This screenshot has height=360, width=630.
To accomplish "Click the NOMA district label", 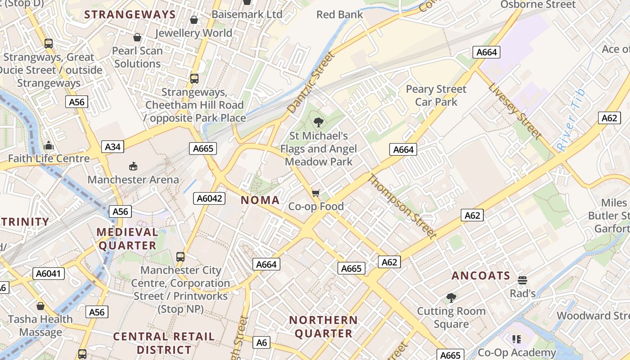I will click(x=260, y=200).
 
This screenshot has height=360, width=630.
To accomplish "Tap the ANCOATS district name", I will click(x=481, y=275).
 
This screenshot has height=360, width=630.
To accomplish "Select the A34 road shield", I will click(x=112, y=147).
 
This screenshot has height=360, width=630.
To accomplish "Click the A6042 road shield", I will click(x=209, y=198).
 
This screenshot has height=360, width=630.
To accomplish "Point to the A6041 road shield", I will click(x=49, y=273).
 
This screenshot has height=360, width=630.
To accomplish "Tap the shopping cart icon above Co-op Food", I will click(x=316, y=193).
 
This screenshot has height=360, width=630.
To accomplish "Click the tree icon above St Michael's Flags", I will click(x=319, y=121).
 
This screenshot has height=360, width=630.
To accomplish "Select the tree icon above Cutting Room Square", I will click(x=451, y=297).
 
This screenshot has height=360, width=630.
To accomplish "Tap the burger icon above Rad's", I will click(x=522, y=280).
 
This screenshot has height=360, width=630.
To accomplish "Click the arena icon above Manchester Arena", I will click(x=133, y=166).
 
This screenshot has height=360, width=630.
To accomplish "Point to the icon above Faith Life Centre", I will click(x=49, y=145).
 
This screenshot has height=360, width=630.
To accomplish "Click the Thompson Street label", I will click(x=402, y=206).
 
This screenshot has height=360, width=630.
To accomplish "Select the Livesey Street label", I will click(x=515, y=110).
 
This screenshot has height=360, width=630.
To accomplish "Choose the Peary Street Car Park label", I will click(x=436, y=95).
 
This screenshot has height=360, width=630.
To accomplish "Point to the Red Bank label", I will click(x=339, y=14).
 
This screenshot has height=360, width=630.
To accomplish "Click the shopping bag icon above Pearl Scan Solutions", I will click(x=137, y=37).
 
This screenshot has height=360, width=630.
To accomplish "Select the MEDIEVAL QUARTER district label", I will click(x=128, y=239).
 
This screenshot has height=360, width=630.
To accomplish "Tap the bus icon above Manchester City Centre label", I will click(x=180, y=257).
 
